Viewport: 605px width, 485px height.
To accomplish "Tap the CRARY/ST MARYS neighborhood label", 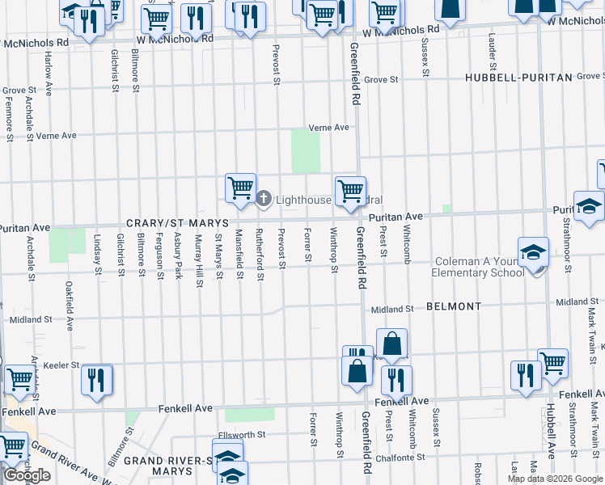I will pos(177,222).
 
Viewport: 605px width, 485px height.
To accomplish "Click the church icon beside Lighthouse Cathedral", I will pos(264,198).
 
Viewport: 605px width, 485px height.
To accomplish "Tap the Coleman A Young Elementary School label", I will pos(479,267).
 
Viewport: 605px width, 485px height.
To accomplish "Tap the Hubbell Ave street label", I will pos(550,430).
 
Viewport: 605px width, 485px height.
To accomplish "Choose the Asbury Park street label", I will pos(178,256).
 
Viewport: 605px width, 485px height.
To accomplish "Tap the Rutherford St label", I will pos(260,256).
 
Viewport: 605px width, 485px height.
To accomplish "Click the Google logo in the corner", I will pos(27,475).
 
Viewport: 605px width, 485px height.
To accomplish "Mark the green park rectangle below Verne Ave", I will pos(306,151).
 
